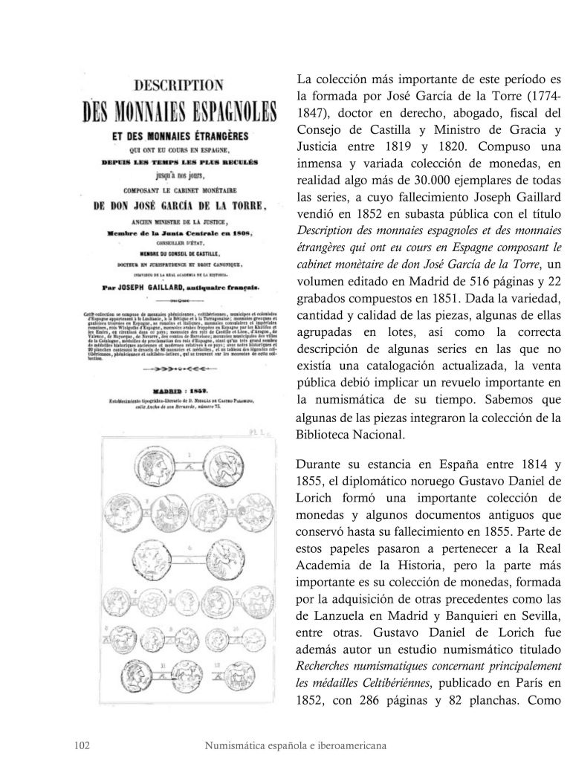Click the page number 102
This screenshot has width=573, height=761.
click(x=83, y=744)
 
